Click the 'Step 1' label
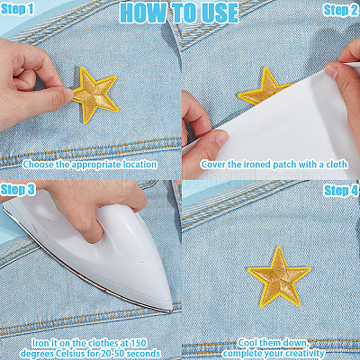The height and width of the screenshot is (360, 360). point(17,9)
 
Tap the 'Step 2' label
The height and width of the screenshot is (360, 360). point(341,11)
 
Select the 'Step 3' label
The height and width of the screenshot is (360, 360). point(18,190)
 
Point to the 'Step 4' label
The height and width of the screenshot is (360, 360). point(341,191)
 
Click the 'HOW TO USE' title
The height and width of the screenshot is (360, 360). point(179,13)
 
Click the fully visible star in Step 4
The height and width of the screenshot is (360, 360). point(279,276)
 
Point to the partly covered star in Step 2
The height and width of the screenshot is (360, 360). point(264,87)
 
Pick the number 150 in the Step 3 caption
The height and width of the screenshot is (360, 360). point(139,343)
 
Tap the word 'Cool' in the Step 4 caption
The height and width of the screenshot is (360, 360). point(248,343)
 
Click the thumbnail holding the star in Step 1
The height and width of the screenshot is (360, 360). point(67,94)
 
